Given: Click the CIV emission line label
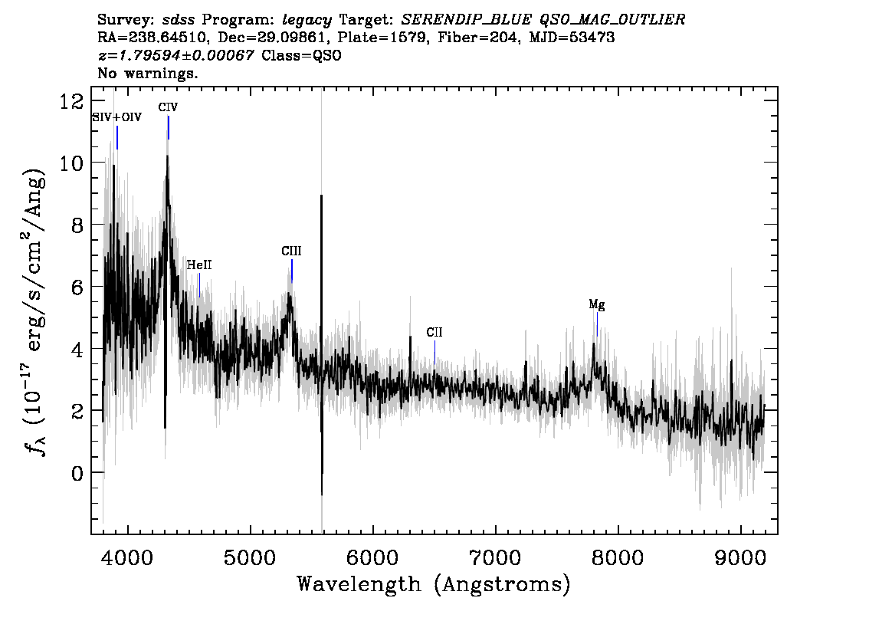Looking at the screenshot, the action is click(168, 107).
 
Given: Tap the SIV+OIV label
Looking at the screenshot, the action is click(117, 117).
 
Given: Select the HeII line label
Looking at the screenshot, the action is click(199, 265).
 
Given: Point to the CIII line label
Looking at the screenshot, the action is click(291, 251).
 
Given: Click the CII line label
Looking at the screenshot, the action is click(434, 332).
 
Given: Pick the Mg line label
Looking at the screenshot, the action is click(597, 304).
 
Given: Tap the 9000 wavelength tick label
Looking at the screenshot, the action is click(740, 557).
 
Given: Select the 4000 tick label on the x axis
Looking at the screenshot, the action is click(128, 557).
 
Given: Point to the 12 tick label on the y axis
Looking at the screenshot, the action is click(72, 101).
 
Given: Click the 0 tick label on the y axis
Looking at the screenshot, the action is click(78, 473).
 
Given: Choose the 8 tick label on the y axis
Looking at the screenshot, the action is click(78, 225).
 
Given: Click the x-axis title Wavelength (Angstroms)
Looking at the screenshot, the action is click(434, 584).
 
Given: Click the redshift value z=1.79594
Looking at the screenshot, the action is click(175, 55).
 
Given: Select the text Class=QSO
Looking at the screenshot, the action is click(301, 55).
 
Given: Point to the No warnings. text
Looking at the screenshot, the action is click(148, 73).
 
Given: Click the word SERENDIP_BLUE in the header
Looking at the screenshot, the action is click(466, 20).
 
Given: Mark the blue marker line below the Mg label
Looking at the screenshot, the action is click(597, 324).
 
